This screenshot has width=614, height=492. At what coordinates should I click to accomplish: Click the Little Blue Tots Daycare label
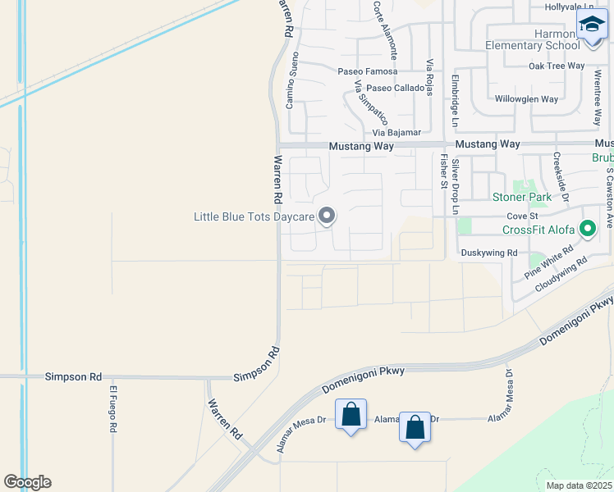point(253,217)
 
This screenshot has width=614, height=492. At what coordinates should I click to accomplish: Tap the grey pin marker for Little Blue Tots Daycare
point(327,216)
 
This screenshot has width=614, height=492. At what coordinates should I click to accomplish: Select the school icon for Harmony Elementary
point(592,25)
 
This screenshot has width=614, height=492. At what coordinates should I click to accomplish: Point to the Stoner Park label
point(521,197)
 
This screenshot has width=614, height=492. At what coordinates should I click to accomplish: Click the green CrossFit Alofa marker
point(587,229)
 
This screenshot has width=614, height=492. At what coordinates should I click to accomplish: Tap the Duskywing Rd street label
point(489,253)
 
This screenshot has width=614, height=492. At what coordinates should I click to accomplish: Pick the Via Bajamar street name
point(396,132)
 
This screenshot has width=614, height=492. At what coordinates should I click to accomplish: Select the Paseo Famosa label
point(368,71)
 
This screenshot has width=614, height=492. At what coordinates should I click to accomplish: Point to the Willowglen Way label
point(526,99)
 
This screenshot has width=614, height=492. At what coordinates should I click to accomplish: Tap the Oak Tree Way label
point(557,66)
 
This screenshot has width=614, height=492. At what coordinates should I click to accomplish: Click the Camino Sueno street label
point(290,80)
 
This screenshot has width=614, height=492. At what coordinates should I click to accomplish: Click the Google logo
point(27,482)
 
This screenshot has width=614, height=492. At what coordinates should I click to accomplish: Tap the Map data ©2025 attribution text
point(579,485)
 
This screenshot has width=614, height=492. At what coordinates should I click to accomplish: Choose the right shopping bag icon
point(415,426)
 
